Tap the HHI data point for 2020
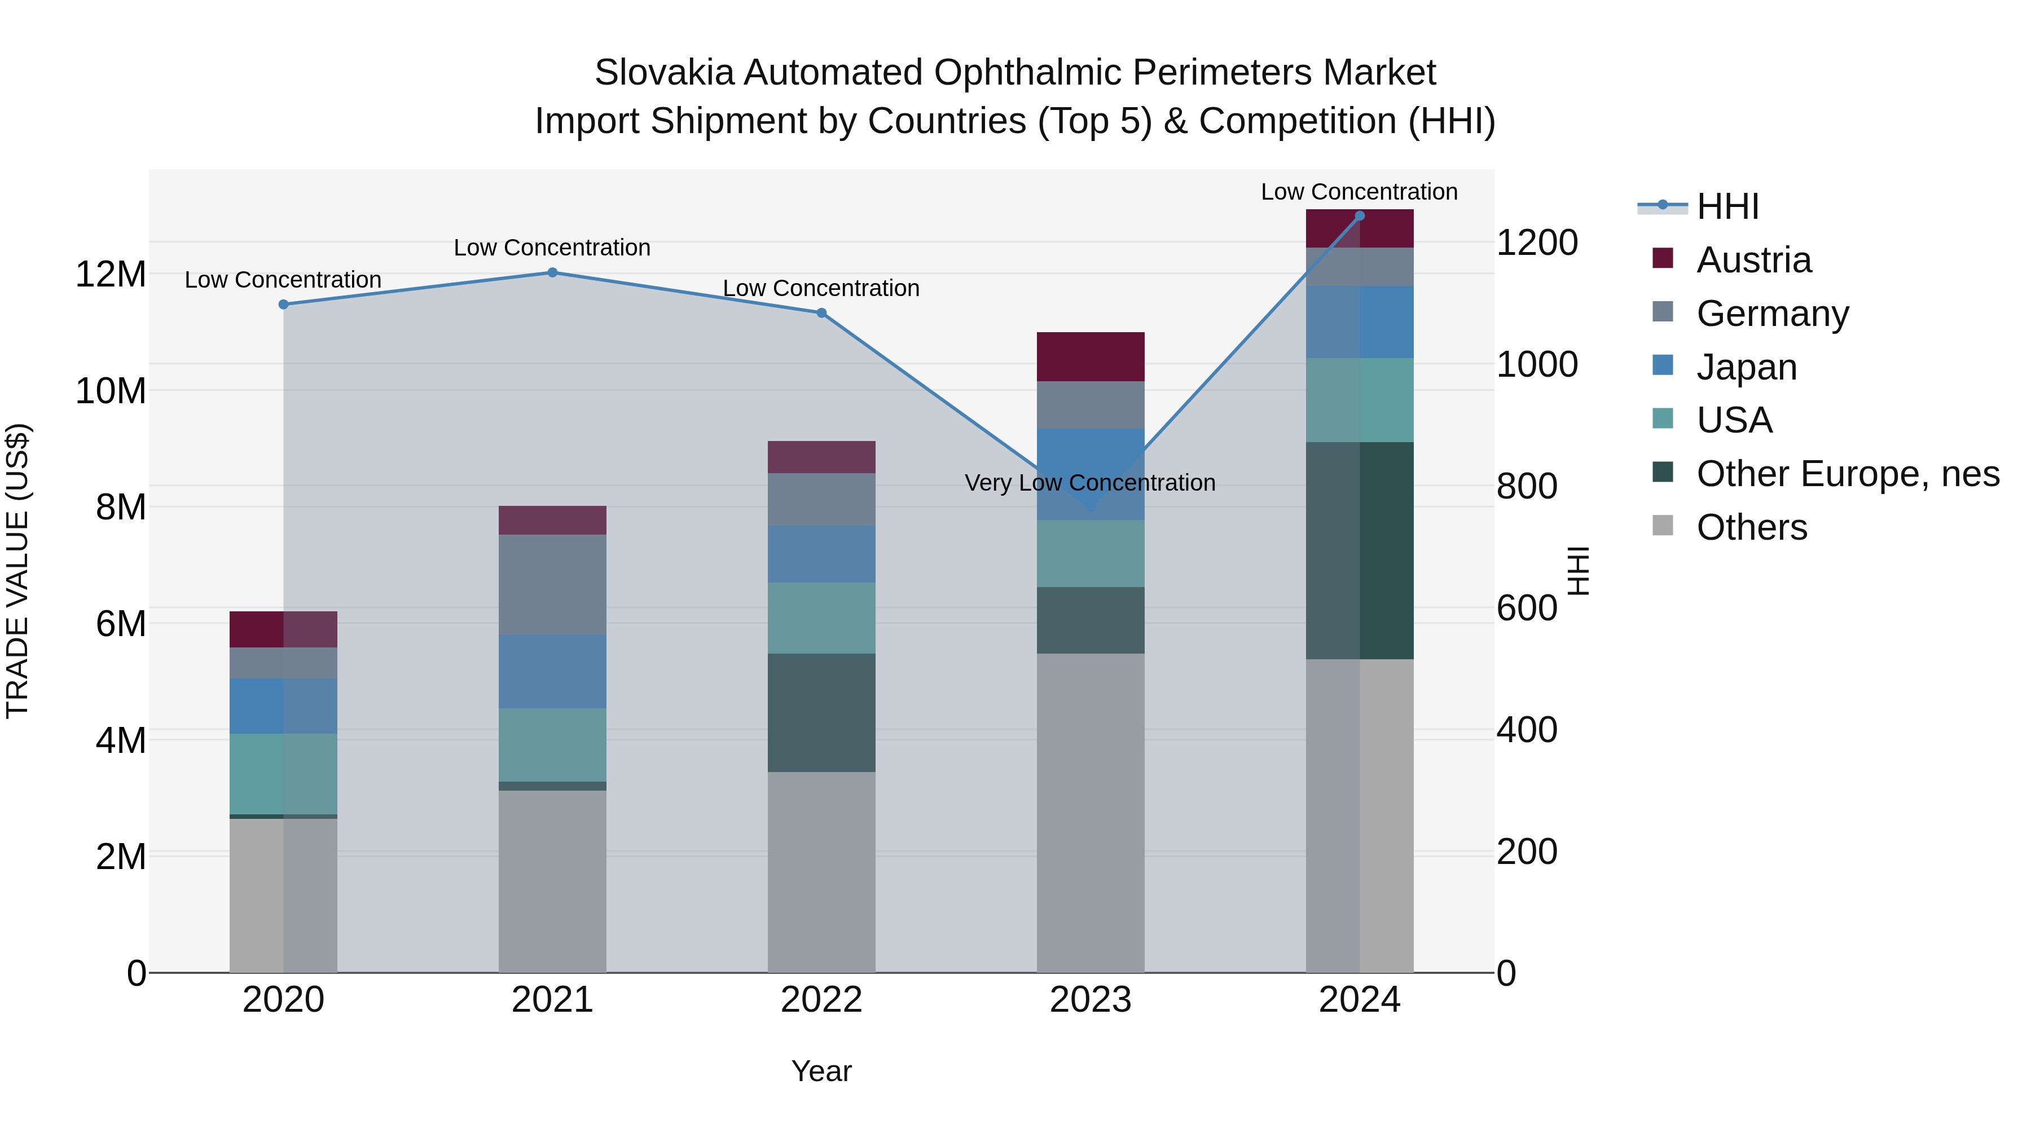coord(284,304)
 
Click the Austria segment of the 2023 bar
coord(1091,357)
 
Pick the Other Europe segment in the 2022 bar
coord(821,712)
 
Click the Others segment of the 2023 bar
coord(1091,812)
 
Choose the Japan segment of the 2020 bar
coord(283,706)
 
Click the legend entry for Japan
coord(1746,367)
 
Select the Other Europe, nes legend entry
coord(1847,474)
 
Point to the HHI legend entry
coord(1727,206)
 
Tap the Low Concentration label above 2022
coord(821,288)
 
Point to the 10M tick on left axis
coord(111,391)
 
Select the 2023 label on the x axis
coord(1091,1000)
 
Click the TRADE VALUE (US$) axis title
coord(18,571)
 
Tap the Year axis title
coord(821,1071)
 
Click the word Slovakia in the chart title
coord(664,73)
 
